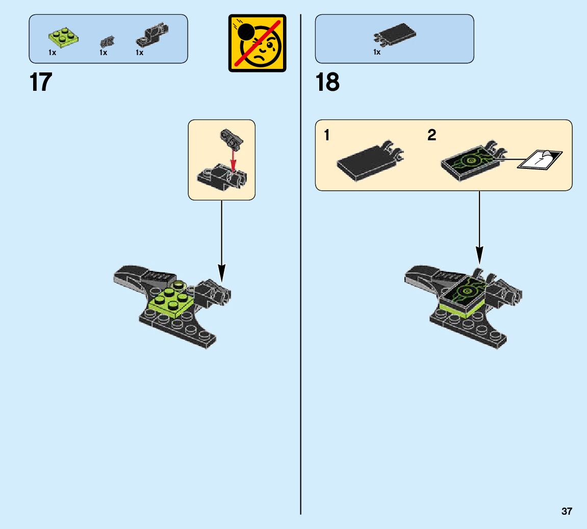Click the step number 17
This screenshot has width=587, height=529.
41,82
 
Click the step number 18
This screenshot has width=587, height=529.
327,82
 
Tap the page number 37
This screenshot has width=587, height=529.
567,512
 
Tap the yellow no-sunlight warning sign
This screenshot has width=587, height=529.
257,43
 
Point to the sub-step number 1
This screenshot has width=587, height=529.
327,136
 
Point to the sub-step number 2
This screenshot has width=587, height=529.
432,136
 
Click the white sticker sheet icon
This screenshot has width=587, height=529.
540,159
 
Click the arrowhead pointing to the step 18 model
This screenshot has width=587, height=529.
479,255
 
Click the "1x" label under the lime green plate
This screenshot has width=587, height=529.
53,53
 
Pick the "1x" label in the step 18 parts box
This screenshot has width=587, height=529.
377,52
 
